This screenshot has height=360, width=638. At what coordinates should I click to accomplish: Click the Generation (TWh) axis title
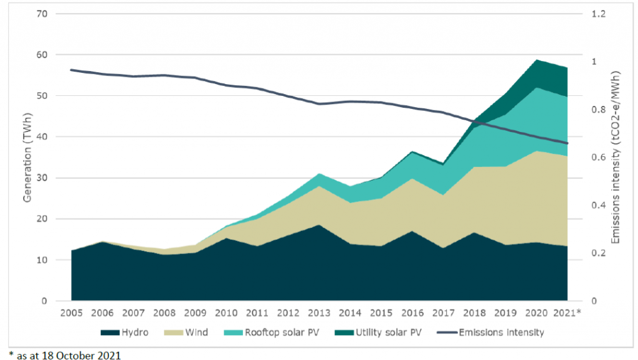[27, 157]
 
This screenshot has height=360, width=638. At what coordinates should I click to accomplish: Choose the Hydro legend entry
[128, 333]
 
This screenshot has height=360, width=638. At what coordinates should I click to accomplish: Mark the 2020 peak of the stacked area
[536, 60]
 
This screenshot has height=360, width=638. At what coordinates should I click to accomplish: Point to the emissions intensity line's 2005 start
[71, 70]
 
